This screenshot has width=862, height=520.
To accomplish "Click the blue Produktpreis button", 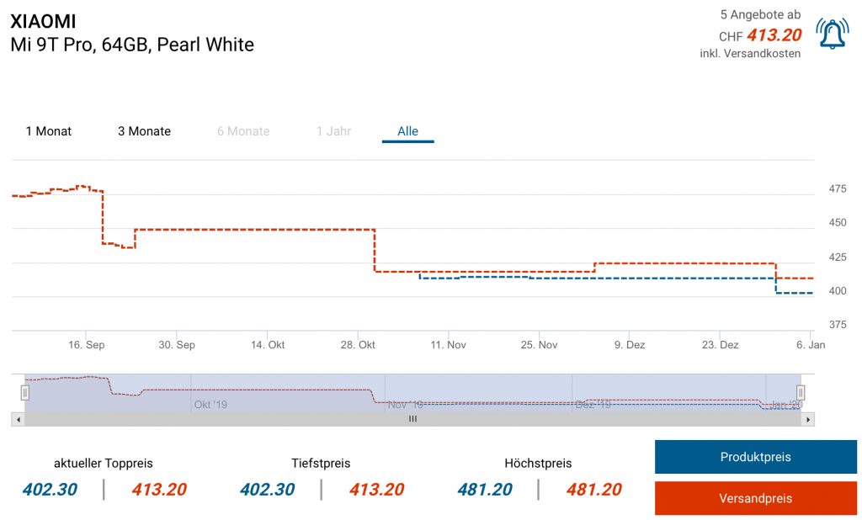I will pos(755,457).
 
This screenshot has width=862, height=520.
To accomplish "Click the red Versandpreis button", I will pos(755,498).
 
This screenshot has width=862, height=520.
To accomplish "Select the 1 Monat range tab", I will pos(49,131).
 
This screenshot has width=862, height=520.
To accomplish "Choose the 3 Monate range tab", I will pos(144,131).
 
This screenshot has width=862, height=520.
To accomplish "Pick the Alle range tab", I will pos(408,131).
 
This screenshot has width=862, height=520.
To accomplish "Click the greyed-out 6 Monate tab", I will pos(243,131).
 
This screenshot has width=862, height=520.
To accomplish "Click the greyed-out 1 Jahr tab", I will pos(333,131).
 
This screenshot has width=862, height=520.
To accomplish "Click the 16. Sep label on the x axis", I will pos(86,345).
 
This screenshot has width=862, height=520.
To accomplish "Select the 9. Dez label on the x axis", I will pos(629,345).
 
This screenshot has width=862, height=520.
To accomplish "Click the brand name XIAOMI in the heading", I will pos(43,21).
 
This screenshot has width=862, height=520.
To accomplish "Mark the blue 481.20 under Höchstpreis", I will pos(486,490).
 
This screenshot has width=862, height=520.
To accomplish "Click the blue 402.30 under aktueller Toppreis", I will pos(51,490).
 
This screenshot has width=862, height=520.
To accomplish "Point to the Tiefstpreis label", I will pos(321,464).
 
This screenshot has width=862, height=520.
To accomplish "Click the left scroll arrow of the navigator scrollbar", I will pos(17,418).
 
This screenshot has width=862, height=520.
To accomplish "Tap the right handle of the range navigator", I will pos(801,392).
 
